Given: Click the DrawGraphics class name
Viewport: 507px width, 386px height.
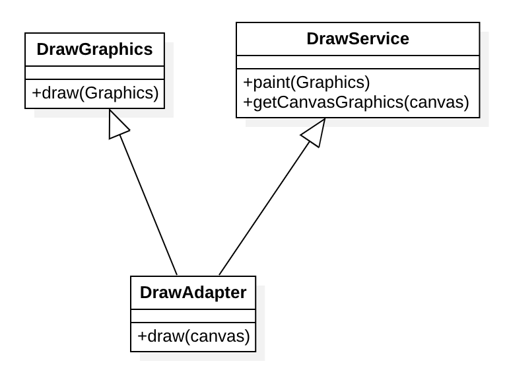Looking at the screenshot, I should (x=94, y=50).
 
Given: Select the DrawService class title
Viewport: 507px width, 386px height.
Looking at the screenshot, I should (x=358, y=39).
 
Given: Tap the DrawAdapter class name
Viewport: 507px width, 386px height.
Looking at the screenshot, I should (x=193, y=292).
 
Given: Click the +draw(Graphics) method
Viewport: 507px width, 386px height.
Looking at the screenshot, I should (x=94, y=93).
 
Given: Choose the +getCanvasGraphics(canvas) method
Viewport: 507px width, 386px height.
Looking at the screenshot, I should (x=356, y=102).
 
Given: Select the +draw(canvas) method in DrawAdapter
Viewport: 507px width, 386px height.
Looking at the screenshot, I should (x=193, y=336).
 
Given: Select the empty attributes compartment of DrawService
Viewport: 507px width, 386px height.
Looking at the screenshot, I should (x=358, y=62).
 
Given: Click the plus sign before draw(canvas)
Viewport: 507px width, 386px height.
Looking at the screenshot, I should (x=141, y=336).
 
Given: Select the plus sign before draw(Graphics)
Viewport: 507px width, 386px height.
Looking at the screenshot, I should (x=36, y=94).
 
